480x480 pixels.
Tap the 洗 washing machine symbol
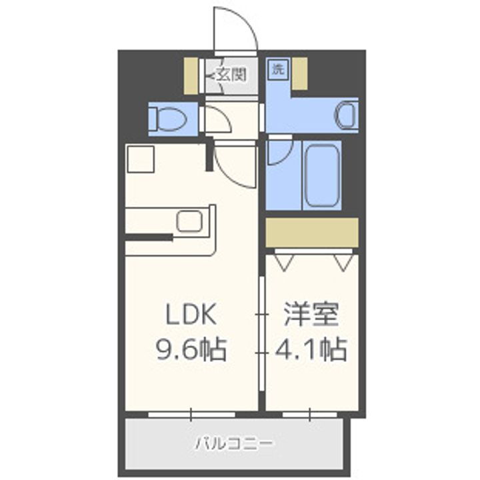[x=276, y=68]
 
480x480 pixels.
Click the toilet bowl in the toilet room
[x=167, y=119]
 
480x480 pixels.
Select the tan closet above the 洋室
[x=312, y=232]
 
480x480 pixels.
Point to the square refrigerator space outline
[x=141, y=159]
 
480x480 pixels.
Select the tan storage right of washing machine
[x=299, y=73]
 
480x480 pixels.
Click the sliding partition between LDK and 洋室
[x=261, y=327]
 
